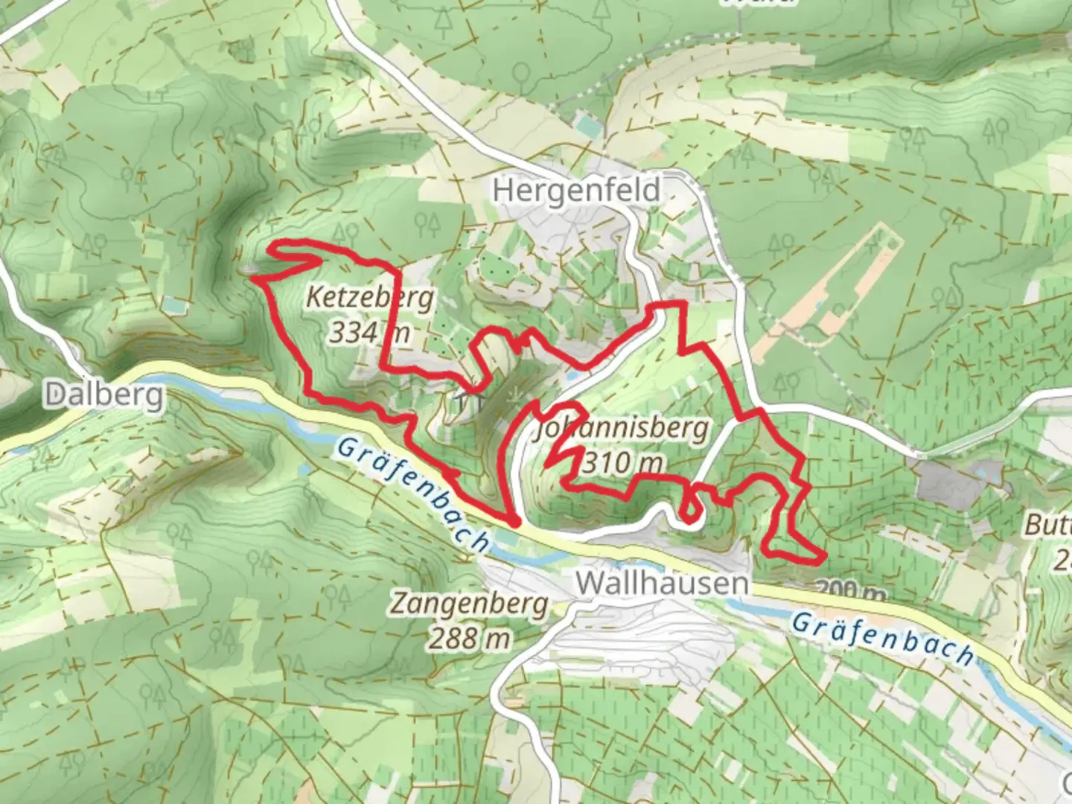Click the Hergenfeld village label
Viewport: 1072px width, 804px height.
pyautogui.click(x=576, y=191)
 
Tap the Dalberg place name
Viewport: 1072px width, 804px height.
pyautogui.click(x=103, y=395)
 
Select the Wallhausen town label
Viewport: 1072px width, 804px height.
pyautogui.click(x=662, y=583)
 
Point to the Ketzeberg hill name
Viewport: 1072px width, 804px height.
pyautogui.click(x=370, y=298)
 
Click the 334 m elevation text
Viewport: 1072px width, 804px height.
pyautogui.click(x=369, y=332)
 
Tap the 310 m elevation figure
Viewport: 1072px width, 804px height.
pyautogui.click(x=622, y=463)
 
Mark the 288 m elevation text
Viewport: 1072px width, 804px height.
pyautogui.click(x=469, y=638)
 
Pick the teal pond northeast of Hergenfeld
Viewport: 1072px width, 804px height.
pyautogui.click(x=587, y=127)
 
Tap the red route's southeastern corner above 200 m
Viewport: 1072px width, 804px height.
pyautogui.click(x=823, y=556)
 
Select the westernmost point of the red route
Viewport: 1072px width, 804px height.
pyautogui.click(x=254, y=278)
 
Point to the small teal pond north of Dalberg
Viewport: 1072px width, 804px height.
pyautogui.click(x=172, y=304)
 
